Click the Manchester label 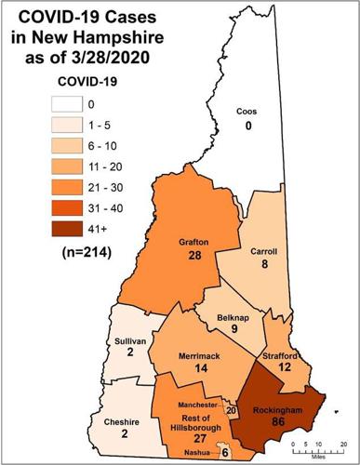(x=197, y=406)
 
